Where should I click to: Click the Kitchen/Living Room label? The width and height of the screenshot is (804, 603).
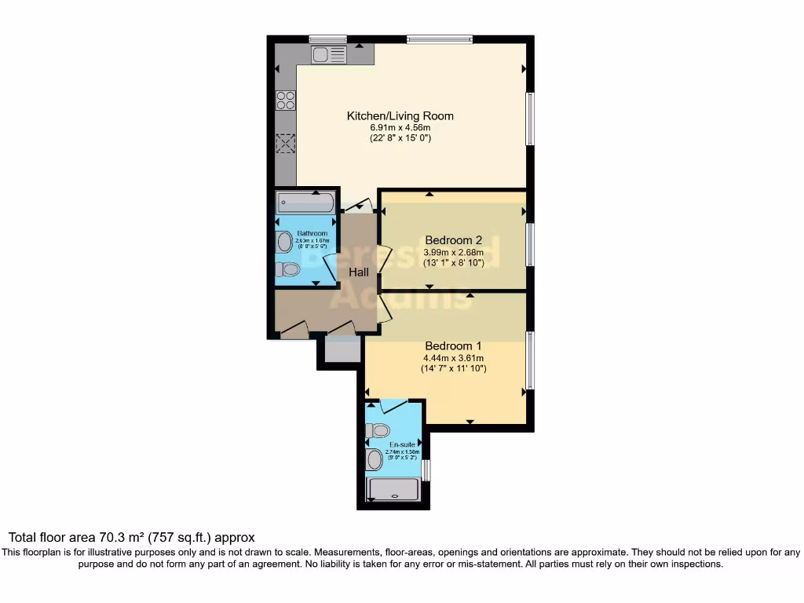pyautogui.click(x=400, y=116)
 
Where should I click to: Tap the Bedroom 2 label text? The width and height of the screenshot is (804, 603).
pyautogui.click(x=453, y=240)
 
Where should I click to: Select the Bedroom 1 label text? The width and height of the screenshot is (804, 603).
pyautogui.click(x=453, y=345)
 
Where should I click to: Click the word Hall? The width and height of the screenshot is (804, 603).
pyautogui.click(x=359, y=272)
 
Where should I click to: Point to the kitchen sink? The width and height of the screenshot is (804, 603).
pyautogui.click(x=328, y=54)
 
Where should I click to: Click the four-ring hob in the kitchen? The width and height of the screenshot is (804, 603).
pyautogui.click(x=286, y=100)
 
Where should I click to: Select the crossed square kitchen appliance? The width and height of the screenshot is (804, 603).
pyautogui.click(x=286, y=144)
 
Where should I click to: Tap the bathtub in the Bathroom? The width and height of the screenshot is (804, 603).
pyautogui.click(x=306, y=204)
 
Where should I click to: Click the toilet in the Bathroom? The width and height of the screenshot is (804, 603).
pyautogui.click(x=288, y=269)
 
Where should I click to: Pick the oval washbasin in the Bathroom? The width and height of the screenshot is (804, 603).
pyautogui.click(x=284, y=240)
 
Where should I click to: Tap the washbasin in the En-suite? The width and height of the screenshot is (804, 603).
pyautogui.click(x=375, y=459)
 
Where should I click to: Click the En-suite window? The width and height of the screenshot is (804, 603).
pyautogui.click(x=426, y=470)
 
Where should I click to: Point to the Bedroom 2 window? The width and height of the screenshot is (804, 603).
pyautogui.click(x=530, y=244)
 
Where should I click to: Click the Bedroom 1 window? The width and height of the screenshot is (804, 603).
pyautogui.click(x=530, y=360)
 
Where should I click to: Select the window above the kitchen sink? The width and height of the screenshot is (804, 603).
pyautogui.click(x=327, y=38)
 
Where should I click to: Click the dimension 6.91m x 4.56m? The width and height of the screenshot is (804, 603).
pyautogui.click(x=400, y=127)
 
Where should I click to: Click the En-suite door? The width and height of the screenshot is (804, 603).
pyautogui.click(x=393, y=405)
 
